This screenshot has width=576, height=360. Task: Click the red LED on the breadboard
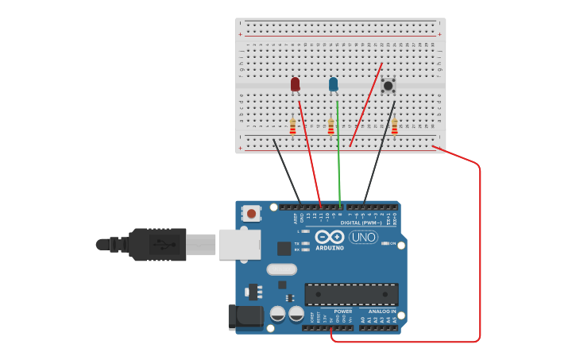(295, 83)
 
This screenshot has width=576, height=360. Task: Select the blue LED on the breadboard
(333, 83)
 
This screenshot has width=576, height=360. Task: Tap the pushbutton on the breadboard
(388, 85)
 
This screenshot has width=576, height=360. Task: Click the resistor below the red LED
(292, 126)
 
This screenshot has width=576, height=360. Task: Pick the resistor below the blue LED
(331, 126)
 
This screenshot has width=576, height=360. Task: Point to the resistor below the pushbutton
(394, 126)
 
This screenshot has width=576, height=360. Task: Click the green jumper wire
(338, 159)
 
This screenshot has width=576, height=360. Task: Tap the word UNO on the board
(364, 237)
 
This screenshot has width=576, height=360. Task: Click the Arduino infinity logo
(329, 237)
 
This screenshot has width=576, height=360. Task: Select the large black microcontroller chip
(351, 294)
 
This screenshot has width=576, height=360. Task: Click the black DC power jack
(245, 316)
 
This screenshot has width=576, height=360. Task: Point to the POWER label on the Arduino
(342, 312)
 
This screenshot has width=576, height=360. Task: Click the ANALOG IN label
(381, 312)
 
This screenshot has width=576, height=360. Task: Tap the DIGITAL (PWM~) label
(361, 223)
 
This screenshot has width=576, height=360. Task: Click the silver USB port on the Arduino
(239, 244)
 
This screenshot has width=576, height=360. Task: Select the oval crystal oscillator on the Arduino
(281, 269)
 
